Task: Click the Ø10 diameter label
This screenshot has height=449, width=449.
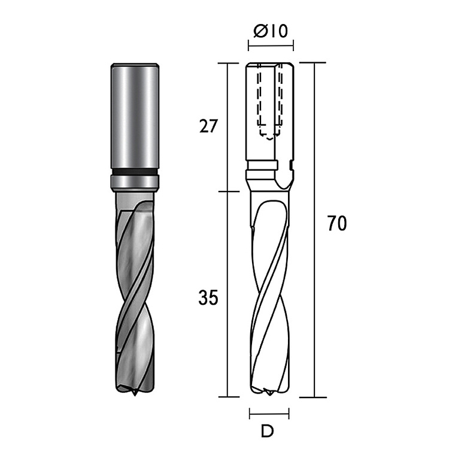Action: (x=271, y=31)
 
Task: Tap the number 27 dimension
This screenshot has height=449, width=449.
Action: (x=208, y=126)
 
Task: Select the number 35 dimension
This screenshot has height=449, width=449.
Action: (x=208, y=298)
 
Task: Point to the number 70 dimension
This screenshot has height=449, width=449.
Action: (x=337, y=223)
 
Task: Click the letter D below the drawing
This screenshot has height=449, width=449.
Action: (x=268, y=431)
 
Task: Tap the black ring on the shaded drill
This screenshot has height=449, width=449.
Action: (x=135, y=172)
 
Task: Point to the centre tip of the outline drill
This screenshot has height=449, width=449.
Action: (x=269, y=394)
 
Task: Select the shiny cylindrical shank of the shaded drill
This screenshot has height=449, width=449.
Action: (x=135, y=116)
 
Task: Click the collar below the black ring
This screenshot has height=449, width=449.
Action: (x=135, y=183)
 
